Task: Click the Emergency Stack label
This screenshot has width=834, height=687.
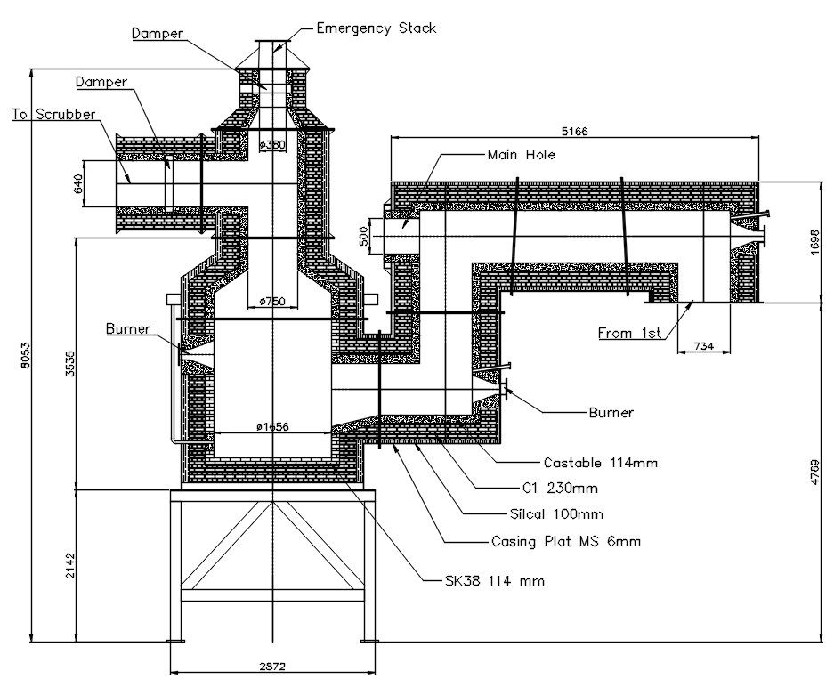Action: tap(377, 28)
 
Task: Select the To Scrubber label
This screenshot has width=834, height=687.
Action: tap(54, 115)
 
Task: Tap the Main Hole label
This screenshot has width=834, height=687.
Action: tap(521, 155)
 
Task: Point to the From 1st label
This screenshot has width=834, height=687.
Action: tap(629, 334)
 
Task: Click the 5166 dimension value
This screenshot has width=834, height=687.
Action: tap(575, 131)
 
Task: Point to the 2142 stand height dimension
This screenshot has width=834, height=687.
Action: tap(72, 565)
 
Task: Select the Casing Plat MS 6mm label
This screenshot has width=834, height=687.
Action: tap(566, 540)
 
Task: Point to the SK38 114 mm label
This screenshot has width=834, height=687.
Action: tap(495, 581)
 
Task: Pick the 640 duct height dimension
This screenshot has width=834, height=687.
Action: tap(78, 184)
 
